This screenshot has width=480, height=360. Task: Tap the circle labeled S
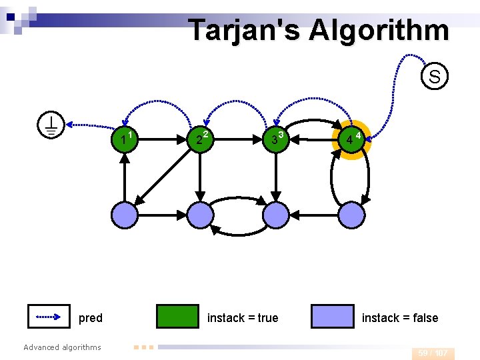434,76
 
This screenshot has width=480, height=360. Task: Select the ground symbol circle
51,125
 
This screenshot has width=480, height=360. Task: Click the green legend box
177,317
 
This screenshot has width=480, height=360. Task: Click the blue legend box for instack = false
333,317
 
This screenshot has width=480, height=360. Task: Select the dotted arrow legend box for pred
49,317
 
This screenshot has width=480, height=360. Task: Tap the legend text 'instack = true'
243,318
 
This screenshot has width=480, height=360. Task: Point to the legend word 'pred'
91,318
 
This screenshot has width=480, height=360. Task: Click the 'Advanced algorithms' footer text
62,347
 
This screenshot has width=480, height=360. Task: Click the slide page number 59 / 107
433,353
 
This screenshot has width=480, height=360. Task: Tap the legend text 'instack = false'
400,318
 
